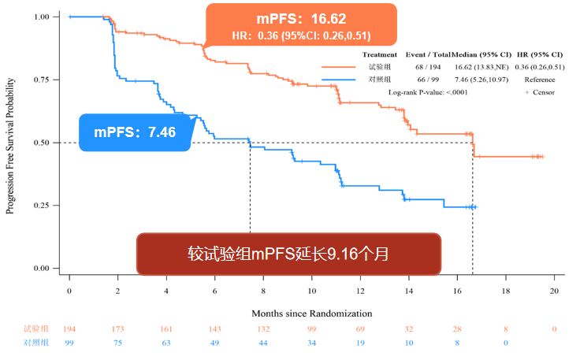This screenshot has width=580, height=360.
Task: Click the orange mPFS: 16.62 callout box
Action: (302, 25)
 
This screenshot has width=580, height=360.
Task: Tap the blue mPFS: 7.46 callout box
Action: (136, 132)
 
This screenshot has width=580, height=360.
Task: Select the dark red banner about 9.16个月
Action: (288, 254)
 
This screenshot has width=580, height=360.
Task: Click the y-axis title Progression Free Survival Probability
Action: (11, 143)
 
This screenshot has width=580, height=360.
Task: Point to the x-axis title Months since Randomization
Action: (312, 314)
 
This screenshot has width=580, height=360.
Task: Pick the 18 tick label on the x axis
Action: (507, 291)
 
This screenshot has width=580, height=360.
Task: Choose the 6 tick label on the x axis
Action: (215, 291)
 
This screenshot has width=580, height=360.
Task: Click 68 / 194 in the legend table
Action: (427, 68)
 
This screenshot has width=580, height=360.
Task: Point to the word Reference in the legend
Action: (539, 80)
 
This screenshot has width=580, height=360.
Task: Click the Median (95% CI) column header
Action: (481, 55)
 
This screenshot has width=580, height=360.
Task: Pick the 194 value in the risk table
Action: (69, 328)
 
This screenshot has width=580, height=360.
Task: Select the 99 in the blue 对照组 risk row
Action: (69, 343)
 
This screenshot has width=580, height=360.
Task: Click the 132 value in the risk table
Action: (263, 328)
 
